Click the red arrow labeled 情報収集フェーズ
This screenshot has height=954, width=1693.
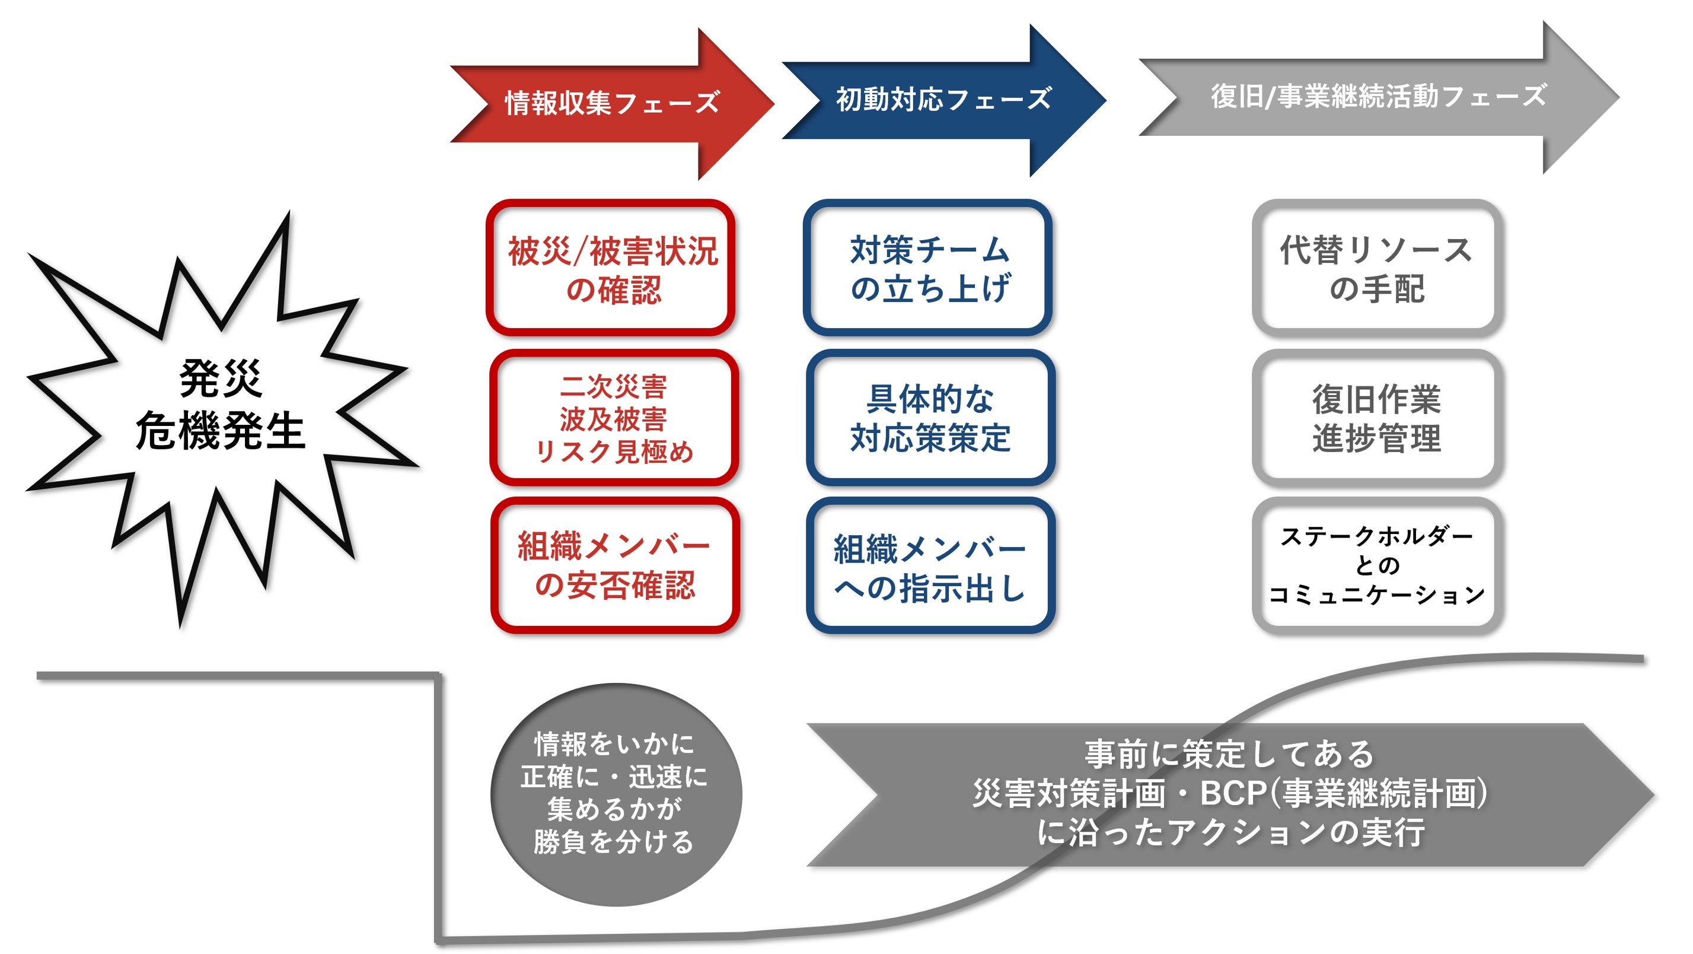click(x=611, y=103)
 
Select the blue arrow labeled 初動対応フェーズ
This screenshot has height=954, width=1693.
click(x=943, y=100)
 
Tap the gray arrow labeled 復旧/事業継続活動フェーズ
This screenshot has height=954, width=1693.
click(x=1378, y=97)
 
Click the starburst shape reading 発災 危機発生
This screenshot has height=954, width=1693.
click(x=220, y=405)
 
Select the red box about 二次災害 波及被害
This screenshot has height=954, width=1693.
click(x=614, y=418)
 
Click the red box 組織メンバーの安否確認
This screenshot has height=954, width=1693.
click(x=614, y=565)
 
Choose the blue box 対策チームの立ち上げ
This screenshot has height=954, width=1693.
click(x=928, y=268)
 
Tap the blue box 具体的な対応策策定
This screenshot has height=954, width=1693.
click(x=930, y=418)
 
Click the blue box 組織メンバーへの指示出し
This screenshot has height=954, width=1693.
click(x=930, y=567)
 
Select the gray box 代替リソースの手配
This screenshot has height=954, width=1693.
click(x=1376, y=268)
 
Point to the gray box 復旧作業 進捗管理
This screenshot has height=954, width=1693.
click(x=1376, y=418)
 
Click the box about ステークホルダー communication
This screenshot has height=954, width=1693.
click(x=1376, y=565)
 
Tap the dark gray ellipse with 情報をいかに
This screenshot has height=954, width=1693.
click(x=615, y=794)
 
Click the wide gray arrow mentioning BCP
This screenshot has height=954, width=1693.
click(x=1229, y=794)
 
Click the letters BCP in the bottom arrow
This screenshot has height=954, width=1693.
click(x=1233, y=793)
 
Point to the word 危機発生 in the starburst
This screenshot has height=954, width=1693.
click(x=220, y=431)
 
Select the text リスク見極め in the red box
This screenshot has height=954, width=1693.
click(x=614, y=451)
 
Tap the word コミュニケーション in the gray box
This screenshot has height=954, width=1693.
click(x=1376, y=595)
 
